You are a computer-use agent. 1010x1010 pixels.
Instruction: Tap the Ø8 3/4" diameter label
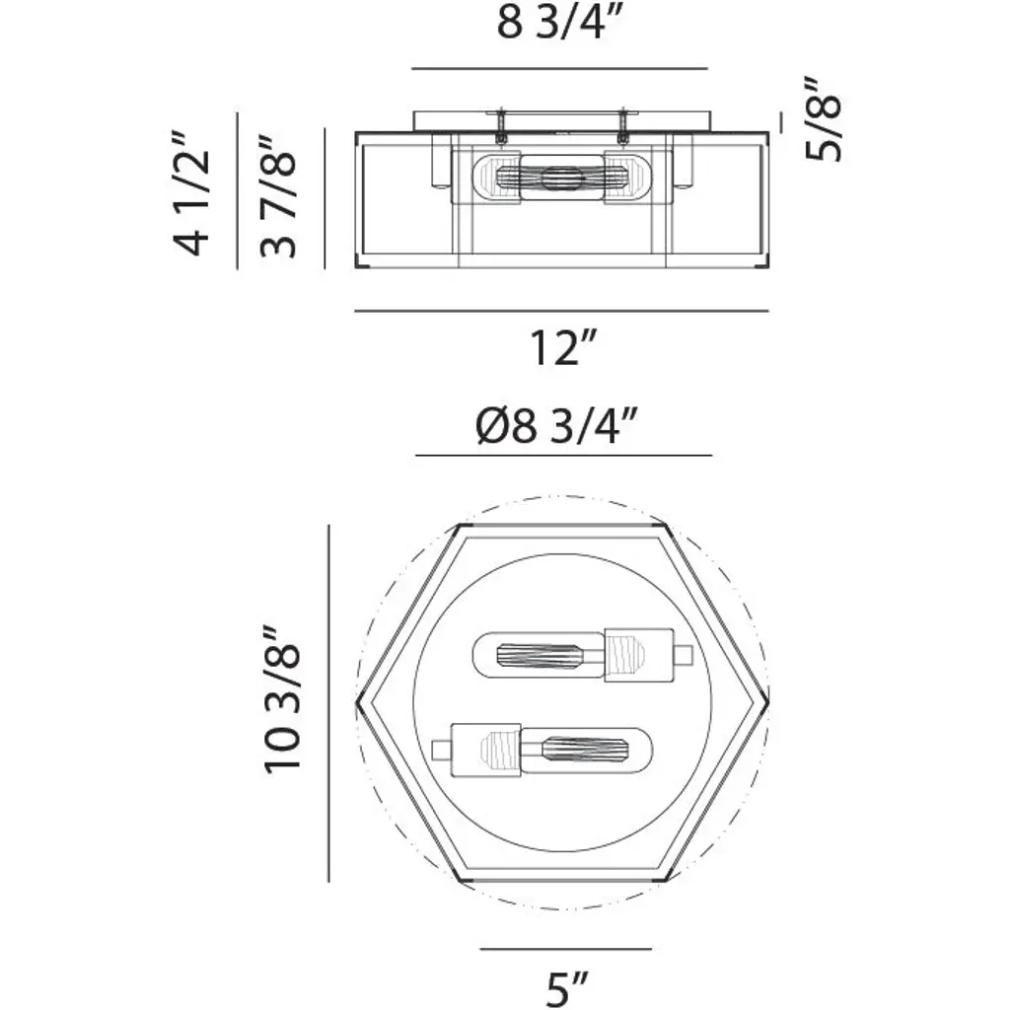pos(556,425)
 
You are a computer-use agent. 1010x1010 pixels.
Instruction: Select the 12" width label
pos(563,348)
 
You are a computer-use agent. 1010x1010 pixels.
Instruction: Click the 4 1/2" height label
pos(192,194)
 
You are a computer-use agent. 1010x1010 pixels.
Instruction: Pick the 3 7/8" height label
pos(278,196)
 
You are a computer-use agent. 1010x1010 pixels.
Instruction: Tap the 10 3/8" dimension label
pos(282,698)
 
